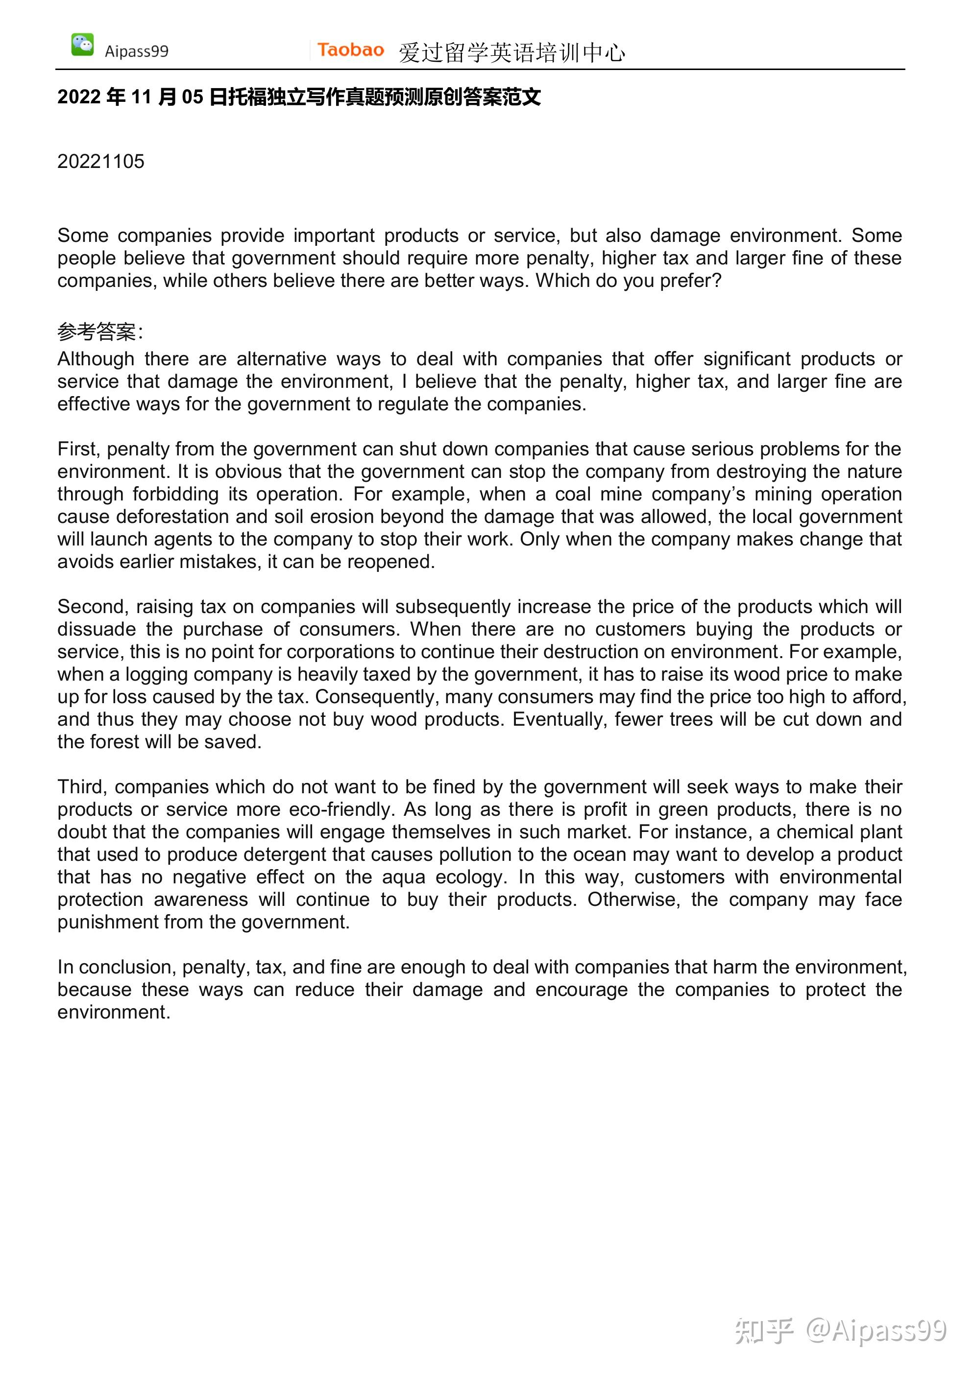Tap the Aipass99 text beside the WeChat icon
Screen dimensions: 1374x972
click(137, 51)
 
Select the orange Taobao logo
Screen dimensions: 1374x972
click(350, 49)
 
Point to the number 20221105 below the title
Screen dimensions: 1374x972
click(100, 162)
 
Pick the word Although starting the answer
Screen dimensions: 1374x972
click(96, 359)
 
